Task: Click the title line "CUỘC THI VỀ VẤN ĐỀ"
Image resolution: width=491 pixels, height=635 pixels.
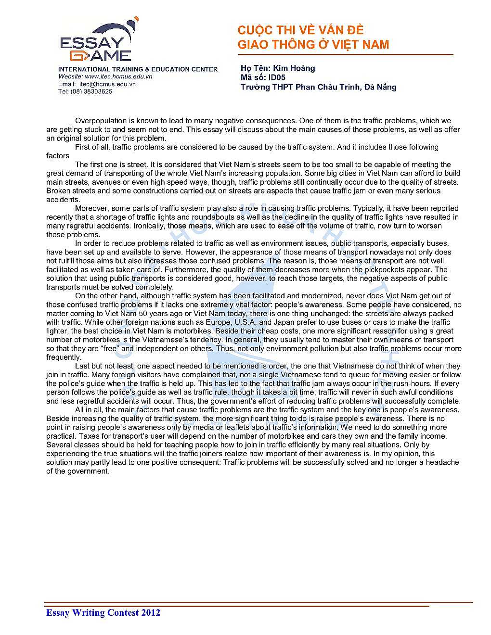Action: (300, 30)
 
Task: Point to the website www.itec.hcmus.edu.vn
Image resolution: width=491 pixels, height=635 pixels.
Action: (119, 76)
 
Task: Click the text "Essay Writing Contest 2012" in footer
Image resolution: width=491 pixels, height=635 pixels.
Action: (103, 612)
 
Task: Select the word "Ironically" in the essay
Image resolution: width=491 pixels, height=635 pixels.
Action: (150, 226)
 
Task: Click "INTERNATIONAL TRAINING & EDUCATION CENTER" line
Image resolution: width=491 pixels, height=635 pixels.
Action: (138, 69)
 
